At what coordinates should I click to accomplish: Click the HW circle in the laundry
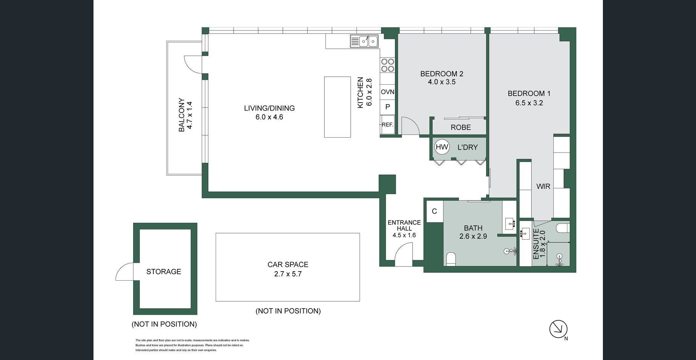(442, 147)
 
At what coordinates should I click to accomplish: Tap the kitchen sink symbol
(364, 41)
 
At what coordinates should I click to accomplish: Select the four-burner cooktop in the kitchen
(388, 65)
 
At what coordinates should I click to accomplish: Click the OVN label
(388, 92)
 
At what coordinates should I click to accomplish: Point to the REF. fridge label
(387, 125)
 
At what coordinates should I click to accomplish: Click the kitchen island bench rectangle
(338, 107)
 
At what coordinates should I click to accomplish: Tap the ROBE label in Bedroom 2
(461, 127)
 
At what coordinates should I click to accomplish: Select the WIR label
(543, 186)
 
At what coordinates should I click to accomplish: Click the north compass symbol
(559, 329)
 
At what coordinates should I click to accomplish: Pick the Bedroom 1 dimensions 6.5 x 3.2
(529, 103)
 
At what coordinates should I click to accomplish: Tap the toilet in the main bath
(451, 259)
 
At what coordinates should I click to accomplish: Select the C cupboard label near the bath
(434, 211)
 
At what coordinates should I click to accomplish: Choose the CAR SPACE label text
(288, 265)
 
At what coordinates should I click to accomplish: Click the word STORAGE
(164, 272)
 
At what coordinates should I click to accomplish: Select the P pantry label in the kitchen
(388, 107)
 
